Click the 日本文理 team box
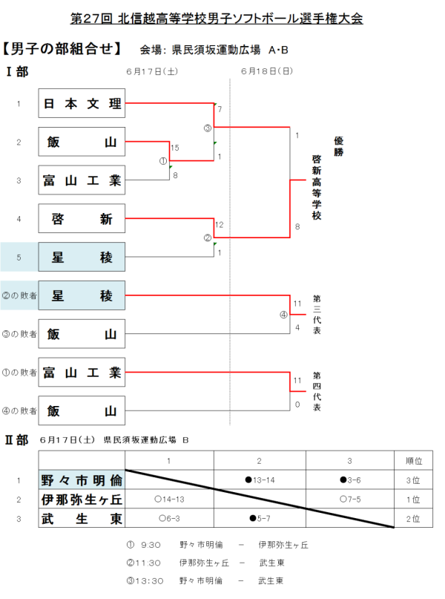click(82, 104)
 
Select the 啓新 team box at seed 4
click(82, 219)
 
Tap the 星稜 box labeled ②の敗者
click(82, 295)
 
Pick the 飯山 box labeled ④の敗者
click(82, 410)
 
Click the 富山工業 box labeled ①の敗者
click(82, 372)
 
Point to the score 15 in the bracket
click(175, 148)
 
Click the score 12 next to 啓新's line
click(219, 224)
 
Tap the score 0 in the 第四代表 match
click(297, 405)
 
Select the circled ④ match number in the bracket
click(283, 313)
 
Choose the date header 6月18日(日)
click(266, 72)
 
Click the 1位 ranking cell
click(416, 499)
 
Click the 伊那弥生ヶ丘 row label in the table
click(82, 499)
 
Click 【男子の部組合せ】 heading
click(63, 50)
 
